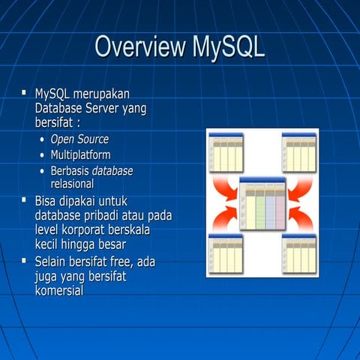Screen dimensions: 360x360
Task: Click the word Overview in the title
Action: pyautogui.click(x=139, y=47)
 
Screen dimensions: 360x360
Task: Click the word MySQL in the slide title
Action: pyautogui.click(x=228, y=47)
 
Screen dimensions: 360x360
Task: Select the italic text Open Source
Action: pyautogui.click(x=79, y=139)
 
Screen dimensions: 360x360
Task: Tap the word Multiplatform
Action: pyautogui.click(x=80, y=155)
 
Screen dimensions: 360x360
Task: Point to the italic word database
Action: pyautogui.click(x=112, y=171)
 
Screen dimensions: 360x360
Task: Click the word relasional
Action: pyautogui.click(x=72, y=184)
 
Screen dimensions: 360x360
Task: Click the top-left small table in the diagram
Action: pyautogui.click(x=226, y=153)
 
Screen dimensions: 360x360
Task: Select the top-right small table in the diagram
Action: pyautogui.click(x=299, y=153)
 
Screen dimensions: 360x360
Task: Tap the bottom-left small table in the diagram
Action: pyautogui.click(x=226, y=253)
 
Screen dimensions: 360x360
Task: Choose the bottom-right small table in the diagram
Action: pyautogui.click(x=299, y=253)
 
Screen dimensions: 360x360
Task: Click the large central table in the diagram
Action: pyautogui.click(x=262, y=204)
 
